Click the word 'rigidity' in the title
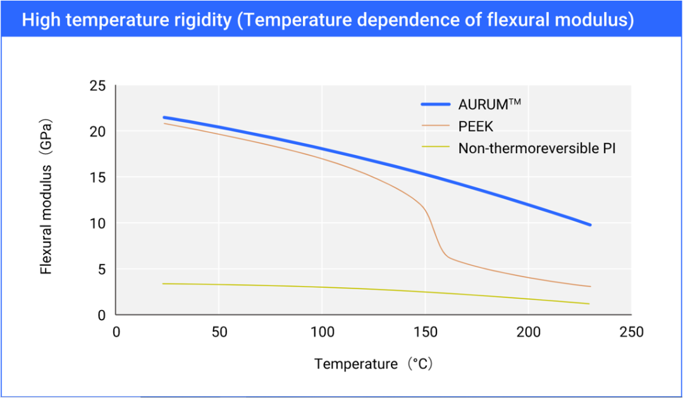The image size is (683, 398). point(202,20)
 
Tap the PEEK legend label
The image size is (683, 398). point(476,127)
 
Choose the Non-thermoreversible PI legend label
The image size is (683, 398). point(537,149)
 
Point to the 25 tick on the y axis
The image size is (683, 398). point(99,85)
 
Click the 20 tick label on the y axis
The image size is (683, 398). point(99,131)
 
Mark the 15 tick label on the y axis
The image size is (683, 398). point(99,177)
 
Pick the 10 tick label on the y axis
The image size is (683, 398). point(99,223)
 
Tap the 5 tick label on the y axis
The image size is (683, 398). point(102,270)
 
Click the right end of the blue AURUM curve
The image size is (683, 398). point(590,225)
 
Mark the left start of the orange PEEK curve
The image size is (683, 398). point(164,123)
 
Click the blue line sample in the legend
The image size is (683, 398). point(435,104)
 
